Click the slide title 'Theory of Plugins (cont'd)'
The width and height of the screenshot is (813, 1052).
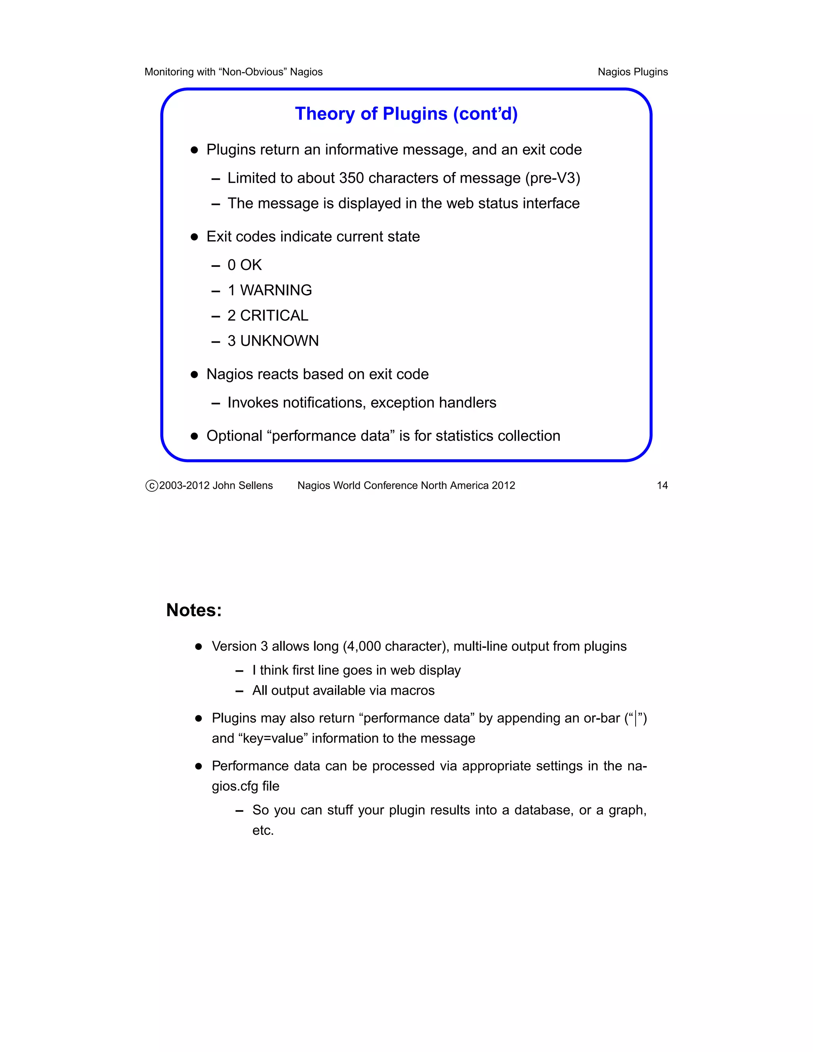pos(406,114)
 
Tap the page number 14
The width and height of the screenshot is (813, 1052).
pos(662,486)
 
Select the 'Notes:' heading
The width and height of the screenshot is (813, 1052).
pos(194,610)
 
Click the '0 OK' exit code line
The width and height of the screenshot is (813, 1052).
pos(244,265)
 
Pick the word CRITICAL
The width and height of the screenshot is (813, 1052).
pos(274,316)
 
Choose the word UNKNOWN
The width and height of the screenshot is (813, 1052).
pos(279,341)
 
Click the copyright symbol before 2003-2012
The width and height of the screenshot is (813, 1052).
pos(152,486)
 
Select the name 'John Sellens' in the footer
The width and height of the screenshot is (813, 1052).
pos(243,486)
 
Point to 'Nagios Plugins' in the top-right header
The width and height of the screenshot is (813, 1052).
pos(632,72)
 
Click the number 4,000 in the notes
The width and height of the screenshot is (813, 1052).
pos(364,646)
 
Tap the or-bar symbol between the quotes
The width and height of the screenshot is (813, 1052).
pos(636,719)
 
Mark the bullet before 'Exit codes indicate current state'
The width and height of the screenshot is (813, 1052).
pos(194,237)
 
